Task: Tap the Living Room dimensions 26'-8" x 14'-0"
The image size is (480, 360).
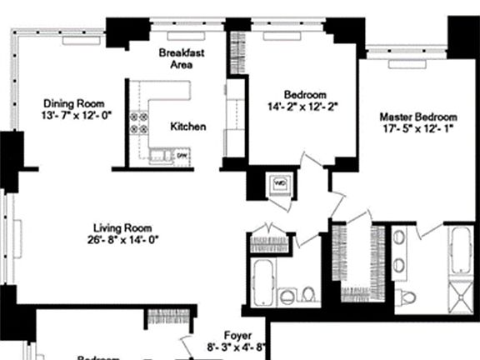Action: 125,240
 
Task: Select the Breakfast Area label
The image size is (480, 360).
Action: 182,58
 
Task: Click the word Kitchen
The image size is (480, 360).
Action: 188,127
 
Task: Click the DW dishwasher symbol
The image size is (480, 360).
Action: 180,155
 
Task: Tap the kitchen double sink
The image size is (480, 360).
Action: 158,155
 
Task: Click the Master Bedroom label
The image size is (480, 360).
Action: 418,117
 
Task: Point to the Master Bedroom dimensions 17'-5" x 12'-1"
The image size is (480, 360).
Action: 418,130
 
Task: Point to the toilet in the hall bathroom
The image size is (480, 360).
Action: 307,293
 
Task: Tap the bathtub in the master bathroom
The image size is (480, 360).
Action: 460,248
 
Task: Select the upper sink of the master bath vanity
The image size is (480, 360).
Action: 399,238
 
